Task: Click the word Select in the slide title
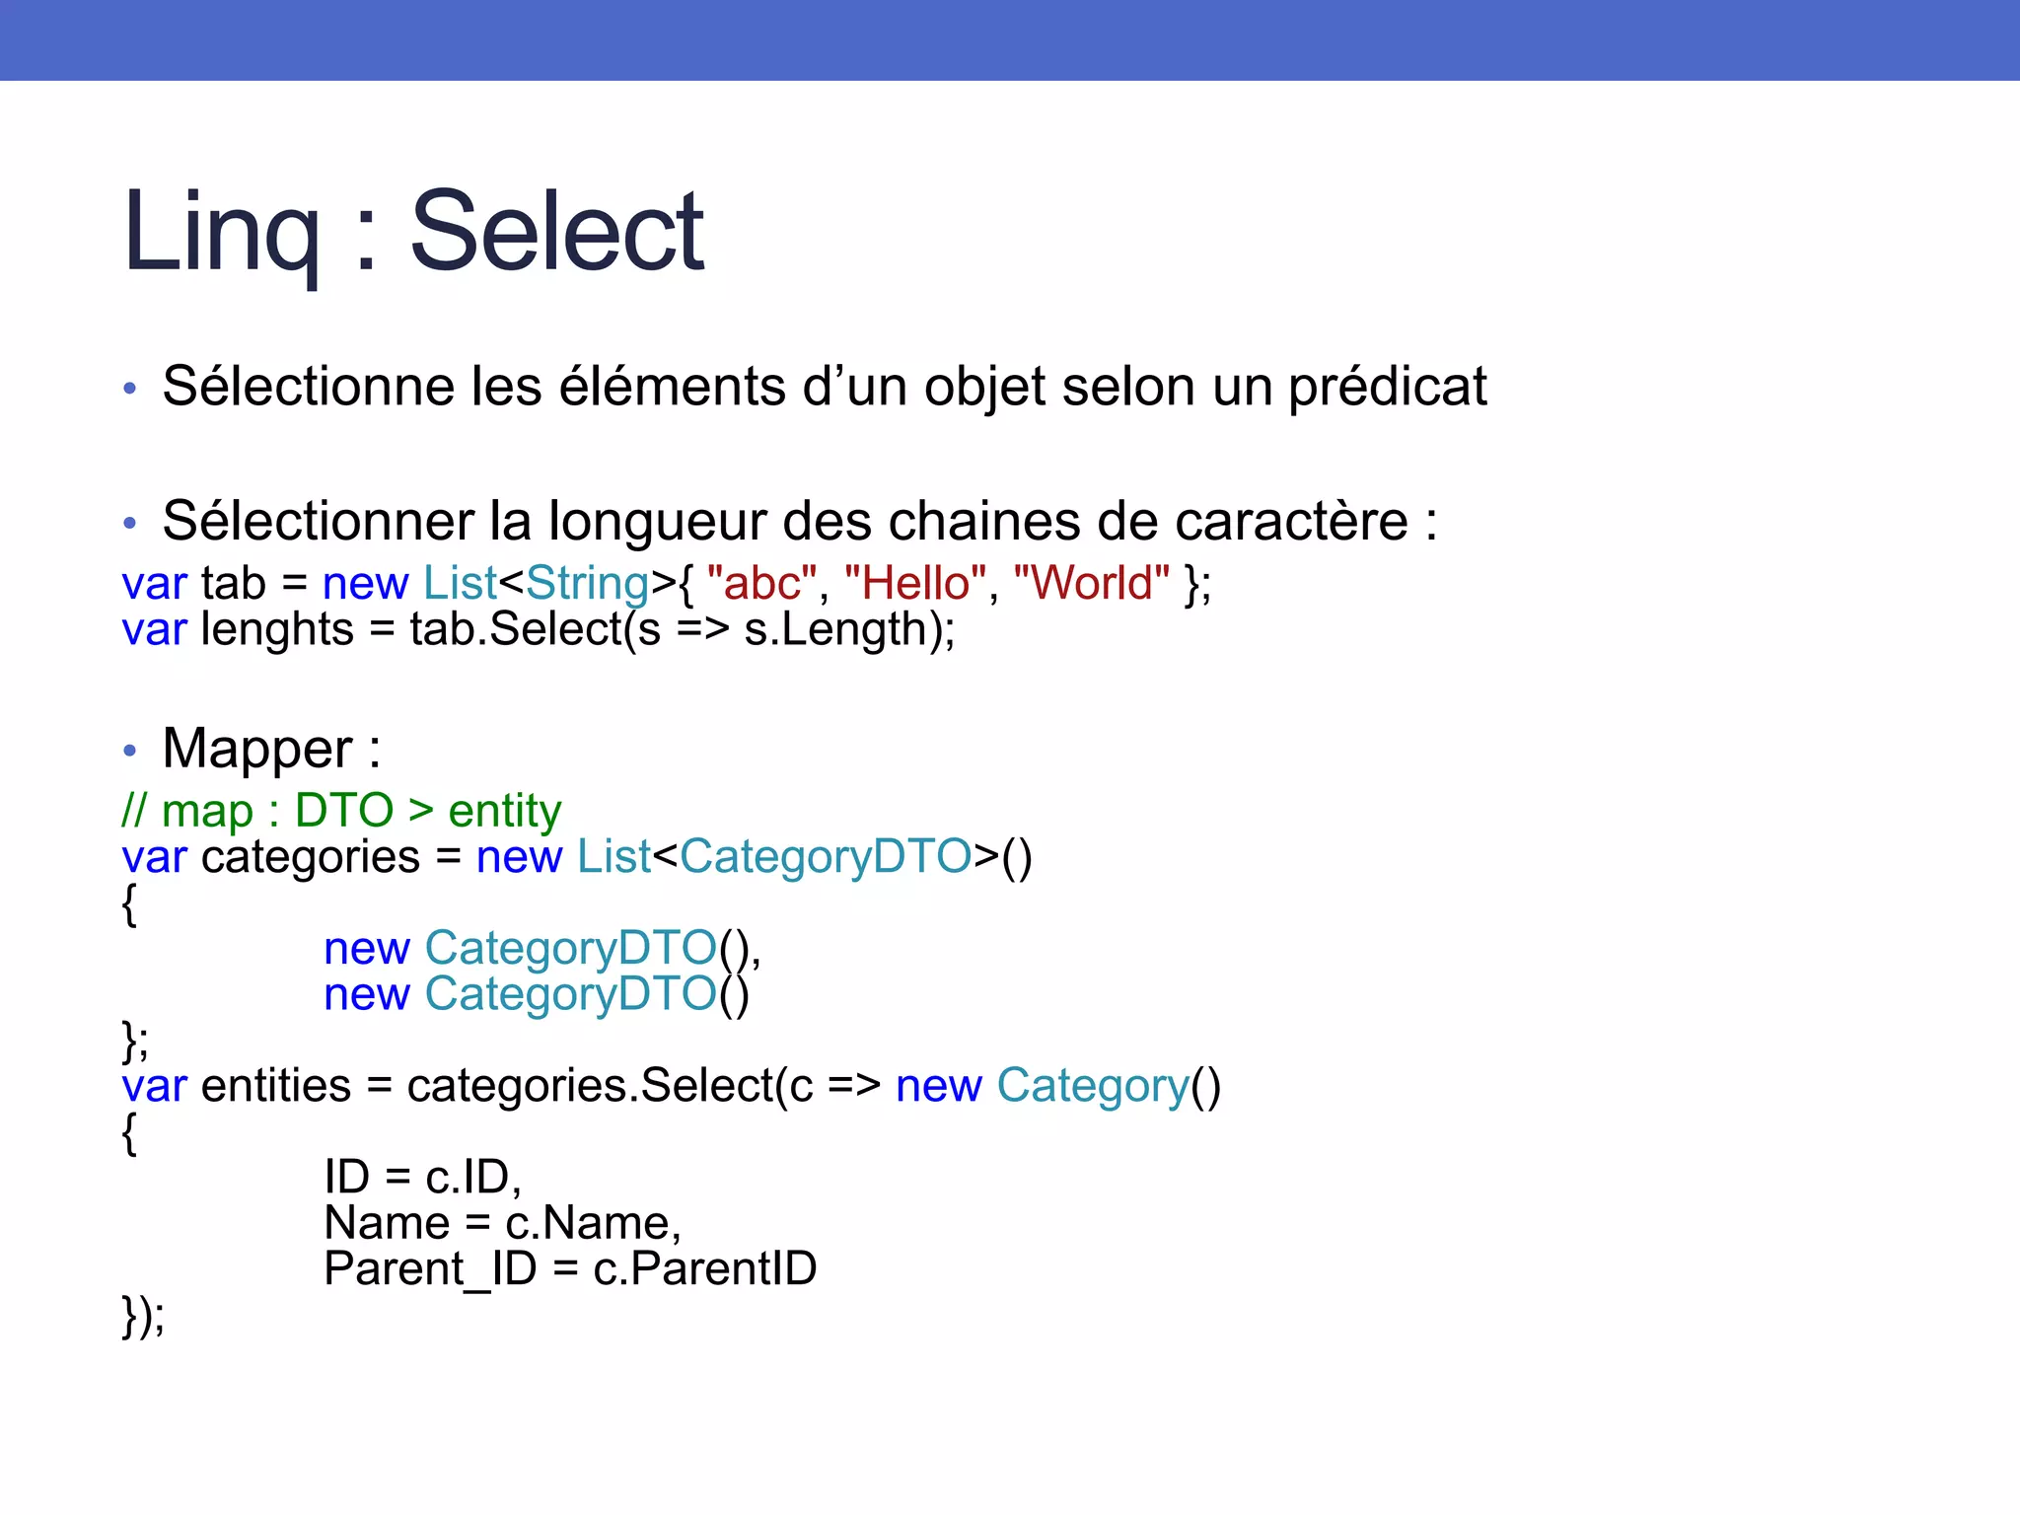click(556, 233)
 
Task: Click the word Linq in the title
click(221, 233)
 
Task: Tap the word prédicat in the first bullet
click(1387, 387)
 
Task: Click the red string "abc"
click(762, 583)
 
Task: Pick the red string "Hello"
click(916, 583)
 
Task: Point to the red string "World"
click(1091, 583)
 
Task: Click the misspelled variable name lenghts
click(277, 629)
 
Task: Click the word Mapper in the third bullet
click(256, 749)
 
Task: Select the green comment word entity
click(504, 811)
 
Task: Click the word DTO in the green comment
click(344, 811)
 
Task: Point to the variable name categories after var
click(311, 856)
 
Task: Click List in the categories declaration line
click(613, 856)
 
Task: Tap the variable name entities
click(276, 1086)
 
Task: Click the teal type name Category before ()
click(1093, 1086)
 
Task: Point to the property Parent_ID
click(430, 1268)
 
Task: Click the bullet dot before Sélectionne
click(129, 388)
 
